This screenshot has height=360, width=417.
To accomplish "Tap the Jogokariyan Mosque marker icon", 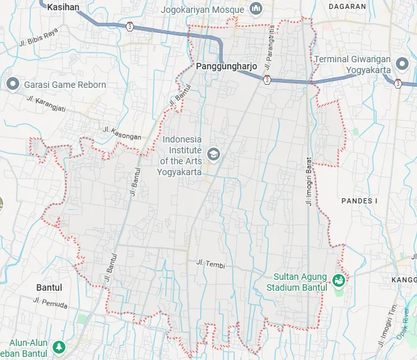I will tap(256, 9).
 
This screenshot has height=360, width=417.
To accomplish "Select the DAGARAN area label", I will tap(346, 6).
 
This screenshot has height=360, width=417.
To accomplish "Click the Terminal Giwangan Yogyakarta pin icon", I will tap(402, 64).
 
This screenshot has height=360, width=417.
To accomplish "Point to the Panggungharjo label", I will tap(226, 66).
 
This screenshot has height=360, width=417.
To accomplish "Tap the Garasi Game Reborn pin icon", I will tap(12, 84).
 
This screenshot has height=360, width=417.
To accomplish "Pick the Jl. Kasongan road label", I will tap(122, 133).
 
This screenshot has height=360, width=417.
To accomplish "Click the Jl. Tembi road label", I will tap(210, 263).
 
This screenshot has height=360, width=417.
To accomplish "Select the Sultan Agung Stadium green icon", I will tap(337, 280).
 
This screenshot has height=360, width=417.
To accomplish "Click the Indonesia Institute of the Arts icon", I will tap(214, 153).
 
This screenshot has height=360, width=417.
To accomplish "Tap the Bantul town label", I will tap(49, 287).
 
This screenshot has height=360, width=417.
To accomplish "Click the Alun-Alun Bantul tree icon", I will tap(59, 347).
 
